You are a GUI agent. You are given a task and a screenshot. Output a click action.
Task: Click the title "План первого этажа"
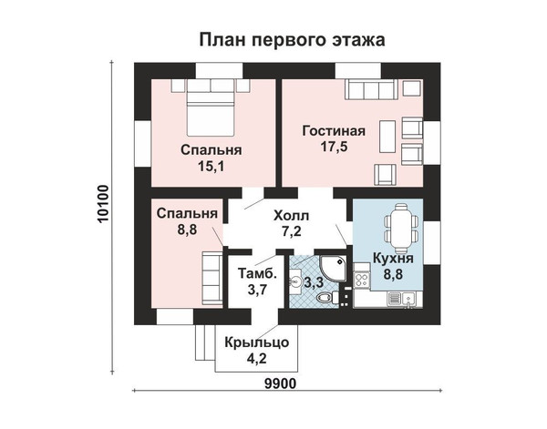pos(292,40)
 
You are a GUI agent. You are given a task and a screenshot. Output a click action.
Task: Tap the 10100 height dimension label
pos(104,204)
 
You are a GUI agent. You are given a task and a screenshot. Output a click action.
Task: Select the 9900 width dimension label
pos(280,383)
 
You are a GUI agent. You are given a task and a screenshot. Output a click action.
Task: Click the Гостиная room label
pos(334,131)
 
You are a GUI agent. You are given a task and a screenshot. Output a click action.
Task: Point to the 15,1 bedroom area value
pos(212,167)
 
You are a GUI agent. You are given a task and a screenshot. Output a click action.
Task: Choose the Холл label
pos(292,216)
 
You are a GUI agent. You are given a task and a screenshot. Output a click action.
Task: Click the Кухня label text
pos(393,259)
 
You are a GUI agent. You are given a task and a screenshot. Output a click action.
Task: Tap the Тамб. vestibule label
pos(257,273)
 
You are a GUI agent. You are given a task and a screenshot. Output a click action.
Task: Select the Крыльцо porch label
pos(257,342)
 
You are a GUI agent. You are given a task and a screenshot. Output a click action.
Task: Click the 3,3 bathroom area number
pos(314,282)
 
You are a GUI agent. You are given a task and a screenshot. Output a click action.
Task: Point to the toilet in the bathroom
pos(327,297)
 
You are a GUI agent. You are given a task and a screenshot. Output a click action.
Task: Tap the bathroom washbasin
pos(295,281)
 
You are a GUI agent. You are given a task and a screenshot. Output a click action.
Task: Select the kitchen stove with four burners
pos(361,281)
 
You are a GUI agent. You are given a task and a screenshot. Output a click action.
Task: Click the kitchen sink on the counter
pos(408,298)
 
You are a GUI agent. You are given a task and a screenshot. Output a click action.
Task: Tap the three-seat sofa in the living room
pos(371,89)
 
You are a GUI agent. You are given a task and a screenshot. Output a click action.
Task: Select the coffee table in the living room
pos(387,137)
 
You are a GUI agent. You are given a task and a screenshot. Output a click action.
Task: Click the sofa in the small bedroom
pos(212,280)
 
